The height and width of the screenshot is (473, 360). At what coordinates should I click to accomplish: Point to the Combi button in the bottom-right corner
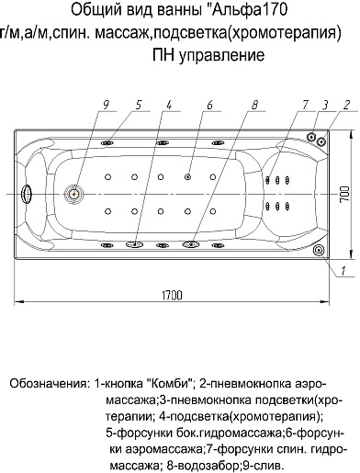pyautogui.click(x=318, y=248)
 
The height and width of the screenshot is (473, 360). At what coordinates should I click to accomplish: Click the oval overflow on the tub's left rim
pyautogui.click(x=28, y=194)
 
